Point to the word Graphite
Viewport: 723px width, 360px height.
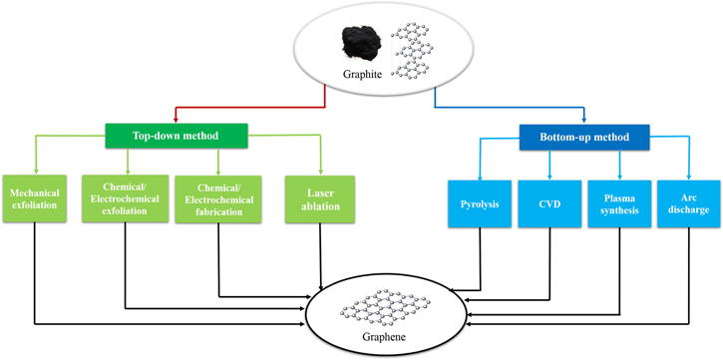[x=361, y=73]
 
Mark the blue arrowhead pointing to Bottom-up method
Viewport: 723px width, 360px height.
[x=584, y=118]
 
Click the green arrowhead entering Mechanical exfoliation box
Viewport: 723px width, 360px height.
[x=35, y=169]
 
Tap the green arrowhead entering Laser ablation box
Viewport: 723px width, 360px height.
[x=321, y=169]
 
